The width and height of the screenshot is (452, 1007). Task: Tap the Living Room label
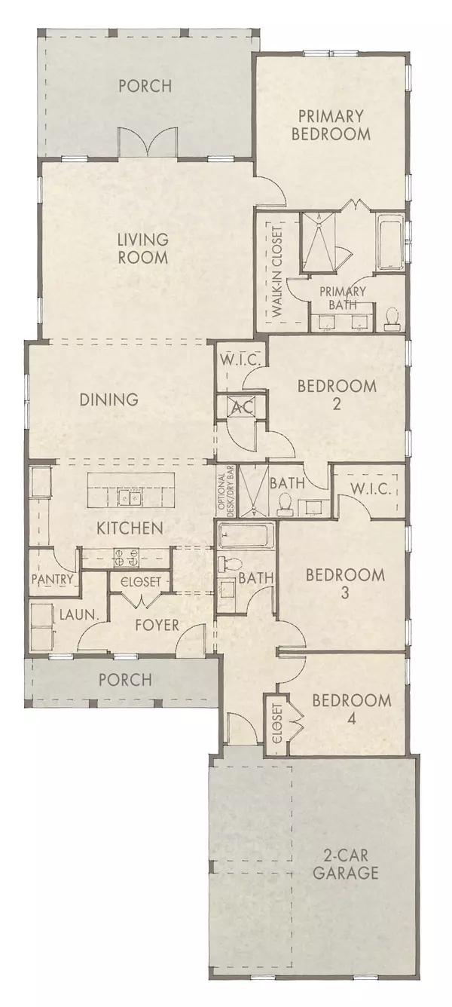click(142, 249)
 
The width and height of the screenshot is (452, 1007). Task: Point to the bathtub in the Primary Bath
click(389, 244)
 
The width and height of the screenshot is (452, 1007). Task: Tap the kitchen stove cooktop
click(126, 558)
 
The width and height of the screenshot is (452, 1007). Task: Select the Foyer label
click(157, 625)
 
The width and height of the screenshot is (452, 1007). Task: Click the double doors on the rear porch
click(147, 142)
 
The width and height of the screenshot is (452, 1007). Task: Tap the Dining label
click(109, 399)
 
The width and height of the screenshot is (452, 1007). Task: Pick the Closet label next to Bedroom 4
click(276, 724)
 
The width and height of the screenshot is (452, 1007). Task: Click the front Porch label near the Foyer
click(125, 679)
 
